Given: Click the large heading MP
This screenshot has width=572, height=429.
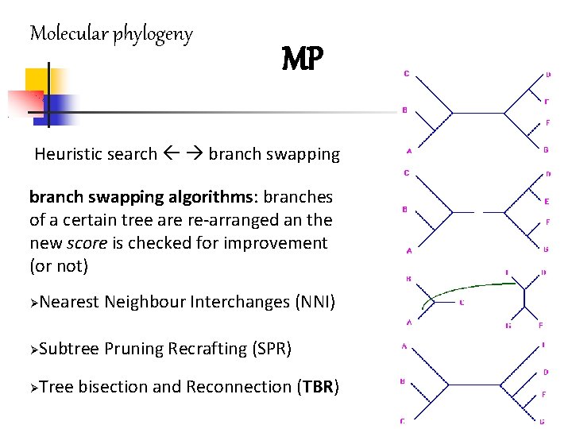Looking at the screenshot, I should coord(303,57).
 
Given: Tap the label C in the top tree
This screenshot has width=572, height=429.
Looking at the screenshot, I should coord(407,75).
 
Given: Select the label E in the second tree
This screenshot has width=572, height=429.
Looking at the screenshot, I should coord(547,202).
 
